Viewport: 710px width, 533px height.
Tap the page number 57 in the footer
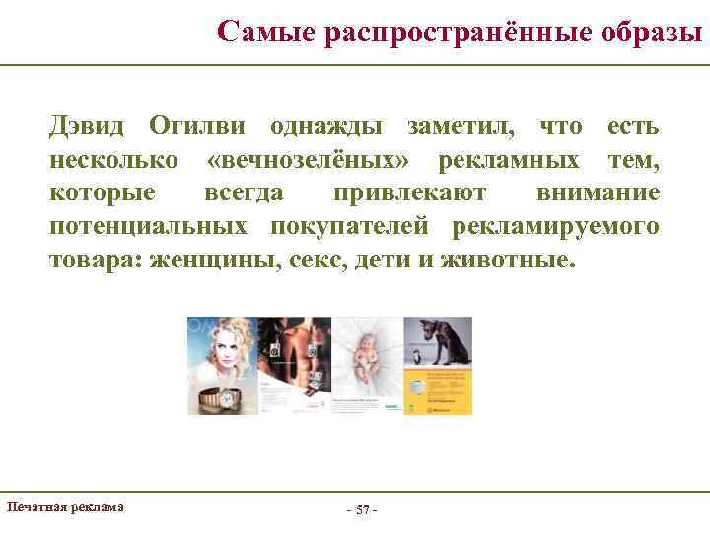[362, 509]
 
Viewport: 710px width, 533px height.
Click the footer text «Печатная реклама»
[65, 506]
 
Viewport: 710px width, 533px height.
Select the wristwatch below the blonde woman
[221, 399]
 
